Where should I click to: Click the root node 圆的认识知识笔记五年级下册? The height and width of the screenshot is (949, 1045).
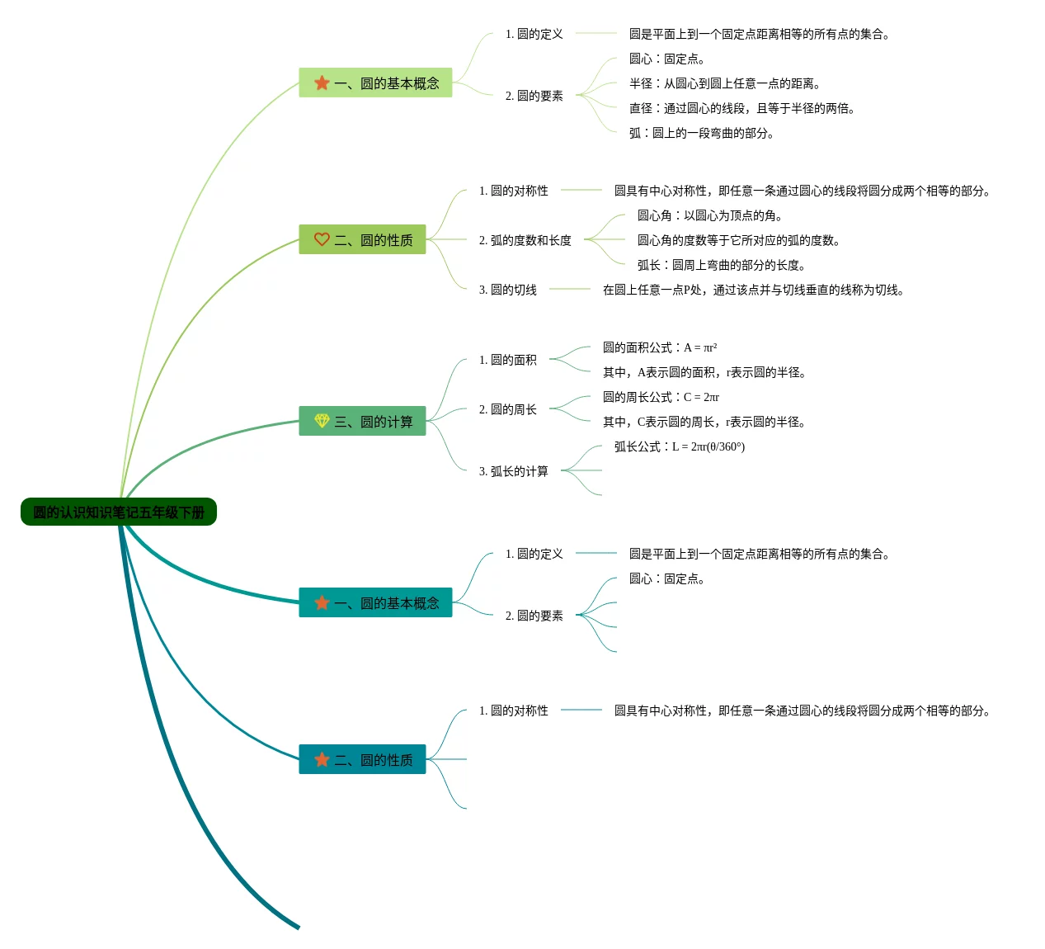(118, 512)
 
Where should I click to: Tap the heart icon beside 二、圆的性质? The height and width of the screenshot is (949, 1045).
(322, 239)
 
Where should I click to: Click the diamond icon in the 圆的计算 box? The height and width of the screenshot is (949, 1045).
(322, 420)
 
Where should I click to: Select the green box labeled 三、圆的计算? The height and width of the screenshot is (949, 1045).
(362, 421)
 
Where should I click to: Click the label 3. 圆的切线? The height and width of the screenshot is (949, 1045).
(508, 290)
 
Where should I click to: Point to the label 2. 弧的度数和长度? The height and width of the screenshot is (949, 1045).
(525, 240)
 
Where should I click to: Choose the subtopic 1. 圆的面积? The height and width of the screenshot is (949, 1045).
(508, 359)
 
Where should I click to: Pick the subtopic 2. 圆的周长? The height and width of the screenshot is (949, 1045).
(508, 408)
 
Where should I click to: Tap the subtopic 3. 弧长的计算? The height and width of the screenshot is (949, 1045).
(514, 471)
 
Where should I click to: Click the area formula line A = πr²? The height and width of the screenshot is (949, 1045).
(660, 347)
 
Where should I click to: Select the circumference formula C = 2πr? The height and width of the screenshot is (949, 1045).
(661, 397)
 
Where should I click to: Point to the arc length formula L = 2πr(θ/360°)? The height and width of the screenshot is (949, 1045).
(680, 446)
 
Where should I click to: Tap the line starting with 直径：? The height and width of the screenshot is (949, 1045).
(742, 108)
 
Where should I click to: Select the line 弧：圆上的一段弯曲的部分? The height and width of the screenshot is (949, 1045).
(702, 133)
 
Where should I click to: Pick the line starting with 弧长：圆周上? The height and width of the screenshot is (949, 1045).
(722, 265)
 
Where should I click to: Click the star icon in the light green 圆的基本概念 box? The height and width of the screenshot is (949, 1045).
(322, 83)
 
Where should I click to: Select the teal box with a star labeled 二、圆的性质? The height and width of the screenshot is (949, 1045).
(362, 759)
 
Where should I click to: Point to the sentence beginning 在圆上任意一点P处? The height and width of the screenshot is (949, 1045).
(754, 290)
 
